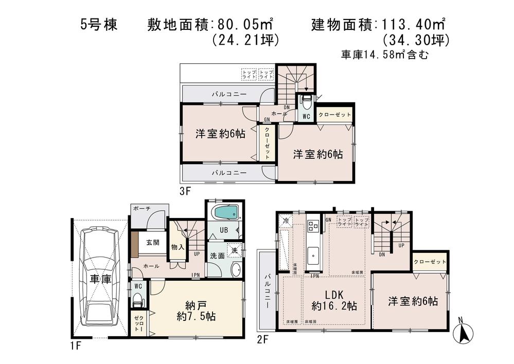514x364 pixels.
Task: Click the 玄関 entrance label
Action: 152,243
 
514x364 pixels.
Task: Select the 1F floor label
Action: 75,346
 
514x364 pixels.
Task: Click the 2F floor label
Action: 262,339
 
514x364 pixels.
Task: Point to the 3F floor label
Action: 185,191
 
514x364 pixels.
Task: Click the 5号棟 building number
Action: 99,25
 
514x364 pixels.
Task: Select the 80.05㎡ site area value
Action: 243,24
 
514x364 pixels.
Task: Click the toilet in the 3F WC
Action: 307,100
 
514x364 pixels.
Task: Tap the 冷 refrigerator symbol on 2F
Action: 286,221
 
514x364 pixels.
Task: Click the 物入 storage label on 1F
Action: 178,247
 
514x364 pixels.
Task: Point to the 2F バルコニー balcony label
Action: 269,290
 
